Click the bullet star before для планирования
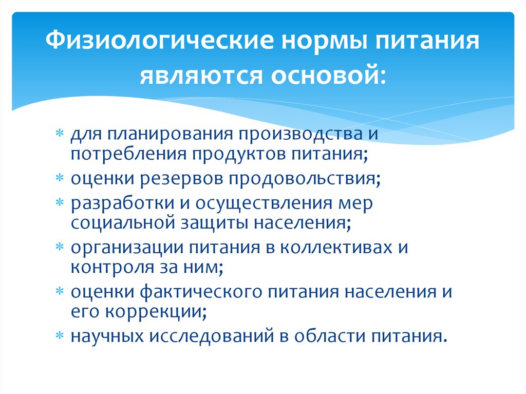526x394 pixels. (60, 133)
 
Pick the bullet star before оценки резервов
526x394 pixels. (60, 178)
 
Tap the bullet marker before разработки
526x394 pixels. (60, 202)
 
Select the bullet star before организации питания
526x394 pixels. (60, 247)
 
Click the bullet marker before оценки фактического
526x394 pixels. (60, 291)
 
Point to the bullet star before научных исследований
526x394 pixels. (60, 335)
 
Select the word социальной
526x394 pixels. (123, 223)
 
